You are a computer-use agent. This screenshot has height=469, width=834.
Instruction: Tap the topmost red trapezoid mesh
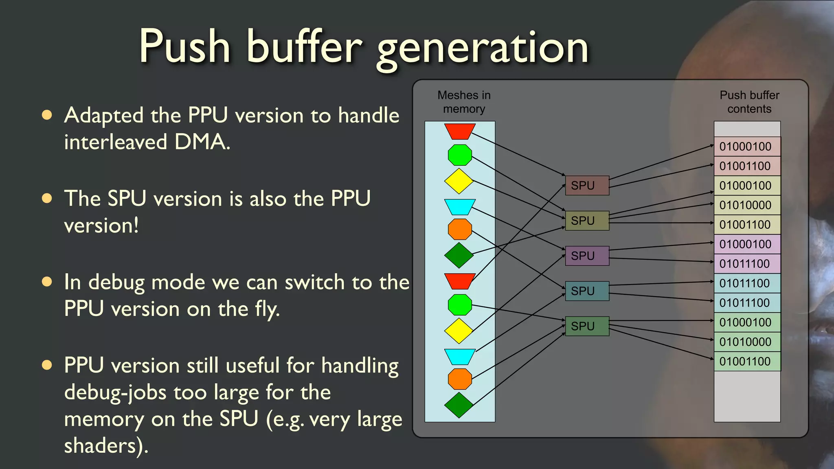(460, 131)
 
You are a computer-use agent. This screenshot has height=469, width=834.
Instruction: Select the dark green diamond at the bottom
(459, 405)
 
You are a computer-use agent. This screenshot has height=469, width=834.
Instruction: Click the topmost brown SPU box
(587, 186)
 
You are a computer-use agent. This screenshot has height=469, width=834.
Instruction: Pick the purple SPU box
(587, 256)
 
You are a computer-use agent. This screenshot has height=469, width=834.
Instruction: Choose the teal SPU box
(587, 291)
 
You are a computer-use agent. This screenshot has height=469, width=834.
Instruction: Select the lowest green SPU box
(587, 326)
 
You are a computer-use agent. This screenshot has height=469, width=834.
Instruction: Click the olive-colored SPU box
(587, 221)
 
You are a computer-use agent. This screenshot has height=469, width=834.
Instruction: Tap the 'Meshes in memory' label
(464, 102)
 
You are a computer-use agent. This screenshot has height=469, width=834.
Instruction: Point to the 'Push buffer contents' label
(749, 102)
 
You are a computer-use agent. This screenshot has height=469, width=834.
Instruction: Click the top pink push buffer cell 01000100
(747, 147)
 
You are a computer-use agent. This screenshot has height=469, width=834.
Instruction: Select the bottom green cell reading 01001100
(747, 362)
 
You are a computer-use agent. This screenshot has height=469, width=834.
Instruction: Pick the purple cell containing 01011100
(747, 264)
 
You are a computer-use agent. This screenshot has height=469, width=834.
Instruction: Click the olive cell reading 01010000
(747, 205)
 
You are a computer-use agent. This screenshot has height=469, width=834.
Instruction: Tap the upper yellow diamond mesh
(459, 181)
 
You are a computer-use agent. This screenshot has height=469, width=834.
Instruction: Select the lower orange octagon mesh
(460, 379)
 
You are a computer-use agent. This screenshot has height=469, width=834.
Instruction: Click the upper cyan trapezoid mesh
(460, 206)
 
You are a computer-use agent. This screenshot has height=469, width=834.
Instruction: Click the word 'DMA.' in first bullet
(202, 142)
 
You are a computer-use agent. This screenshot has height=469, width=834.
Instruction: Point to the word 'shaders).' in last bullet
(106, 446)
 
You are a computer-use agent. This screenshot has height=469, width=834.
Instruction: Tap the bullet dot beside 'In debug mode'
(47, 282)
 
